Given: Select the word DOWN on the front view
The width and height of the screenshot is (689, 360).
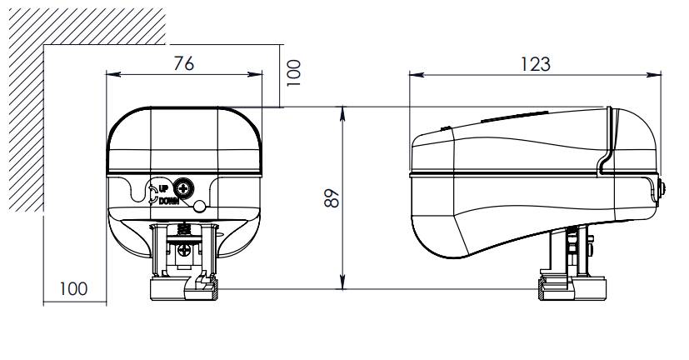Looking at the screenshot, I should [x=168, y=199].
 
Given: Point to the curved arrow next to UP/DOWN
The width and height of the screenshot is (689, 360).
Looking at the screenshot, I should [x=152, y=193].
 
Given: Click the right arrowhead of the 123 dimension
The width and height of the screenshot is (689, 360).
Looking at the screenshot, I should [x=657, y=74].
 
